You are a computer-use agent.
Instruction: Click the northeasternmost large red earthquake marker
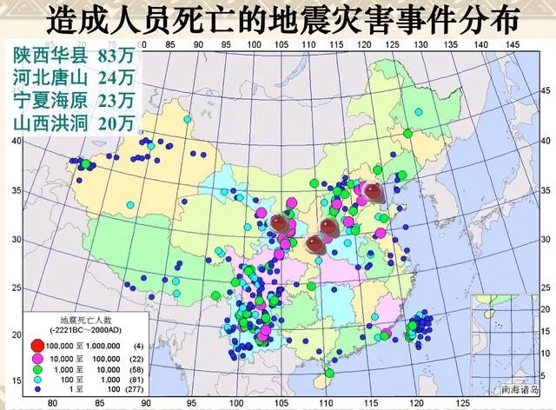373,192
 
